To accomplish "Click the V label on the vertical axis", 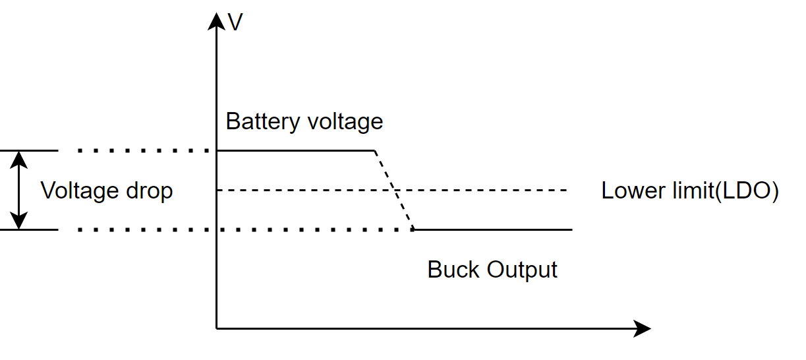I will tap(235, 22).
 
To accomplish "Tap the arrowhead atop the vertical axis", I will tap(216, 20).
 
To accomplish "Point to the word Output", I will tap(522, 270).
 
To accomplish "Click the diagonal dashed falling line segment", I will tap(394, 191).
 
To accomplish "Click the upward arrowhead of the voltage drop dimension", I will tap(20, 158).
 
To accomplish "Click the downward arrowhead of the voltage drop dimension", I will tap(20, 222).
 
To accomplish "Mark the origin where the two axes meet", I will tap(216, 328).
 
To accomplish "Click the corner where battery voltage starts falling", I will tap(374, 151).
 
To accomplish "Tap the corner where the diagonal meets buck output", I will tap(413, 229).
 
